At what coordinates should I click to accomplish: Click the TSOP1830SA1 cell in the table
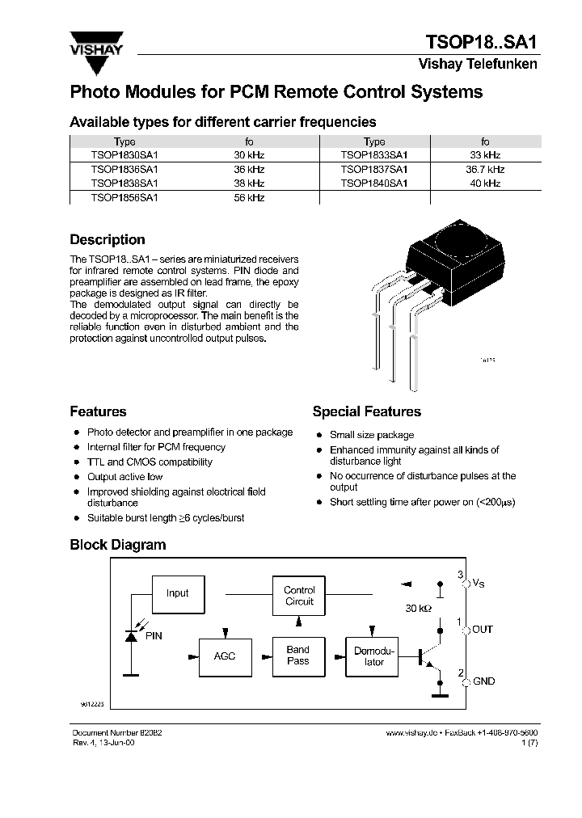coord(124,155)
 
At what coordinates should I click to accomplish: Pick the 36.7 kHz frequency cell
coord(485,170)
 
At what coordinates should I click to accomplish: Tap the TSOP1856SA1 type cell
coord(124,197)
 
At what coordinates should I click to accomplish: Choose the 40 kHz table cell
coord(485,183)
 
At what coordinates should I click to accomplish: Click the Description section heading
coord(108,240)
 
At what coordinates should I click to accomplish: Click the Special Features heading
coord(366,412)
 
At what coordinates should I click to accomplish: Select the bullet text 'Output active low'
coord(124,477)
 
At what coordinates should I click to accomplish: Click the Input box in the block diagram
coord(177,593)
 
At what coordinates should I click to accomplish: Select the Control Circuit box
coord(299,596)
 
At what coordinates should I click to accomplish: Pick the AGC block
coord(225,656)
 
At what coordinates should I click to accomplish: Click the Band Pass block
coord(298,656)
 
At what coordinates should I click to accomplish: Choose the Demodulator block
coord(374,656)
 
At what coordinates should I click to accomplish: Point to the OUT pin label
coord(483,630)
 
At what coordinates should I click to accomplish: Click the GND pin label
coord(483,681)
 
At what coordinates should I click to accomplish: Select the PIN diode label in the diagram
coord(154,636)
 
